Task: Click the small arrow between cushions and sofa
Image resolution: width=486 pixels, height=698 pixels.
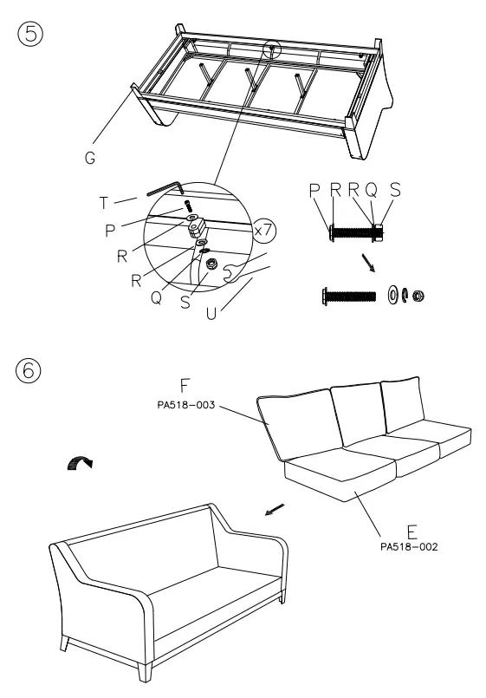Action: (274, 511)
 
